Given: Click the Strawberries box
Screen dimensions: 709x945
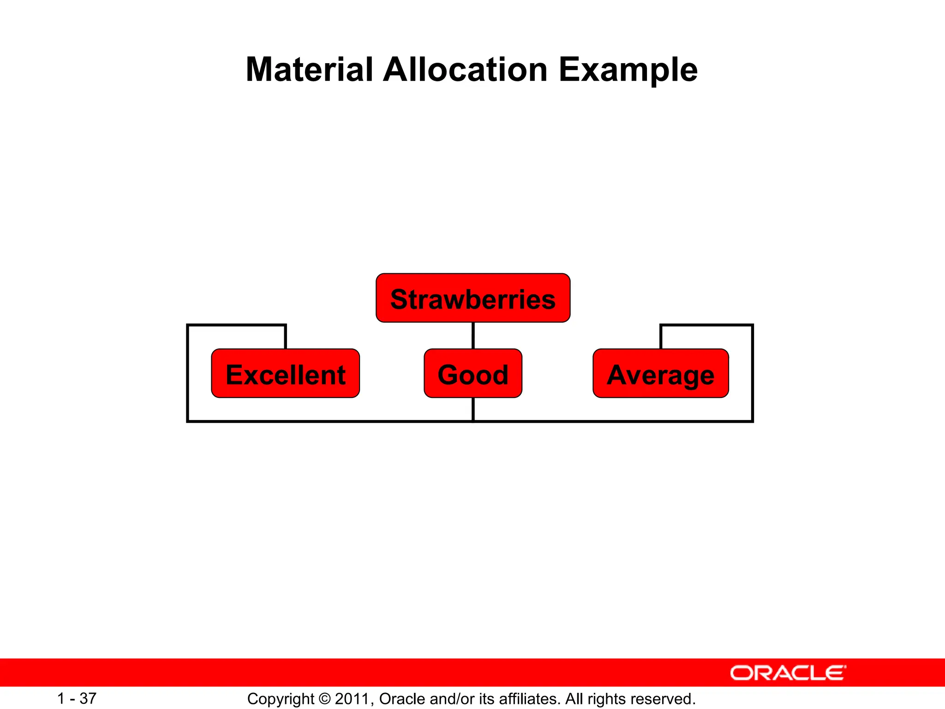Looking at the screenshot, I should (x=473, y=298).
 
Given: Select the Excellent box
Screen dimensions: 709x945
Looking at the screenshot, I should (x=285, y=373).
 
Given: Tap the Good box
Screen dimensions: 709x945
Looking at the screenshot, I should (x=473, y=373).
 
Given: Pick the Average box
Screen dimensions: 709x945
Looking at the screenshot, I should (x=660, y=373).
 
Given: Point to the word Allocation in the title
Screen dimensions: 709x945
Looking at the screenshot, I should (x=465, y=70).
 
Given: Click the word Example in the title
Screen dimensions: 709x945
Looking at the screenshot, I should (x=628, y=70).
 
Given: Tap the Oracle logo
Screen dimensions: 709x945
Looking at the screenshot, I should (x=788, y=673).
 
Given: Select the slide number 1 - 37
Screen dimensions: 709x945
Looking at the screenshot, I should (x=77, y=698).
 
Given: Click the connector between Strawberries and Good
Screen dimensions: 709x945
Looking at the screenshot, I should (x=473, y=336).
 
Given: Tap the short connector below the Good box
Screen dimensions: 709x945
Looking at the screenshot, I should (x=473, y=409).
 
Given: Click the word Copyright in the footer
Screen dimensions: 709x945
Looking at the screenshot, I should (x=281, y=699).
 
